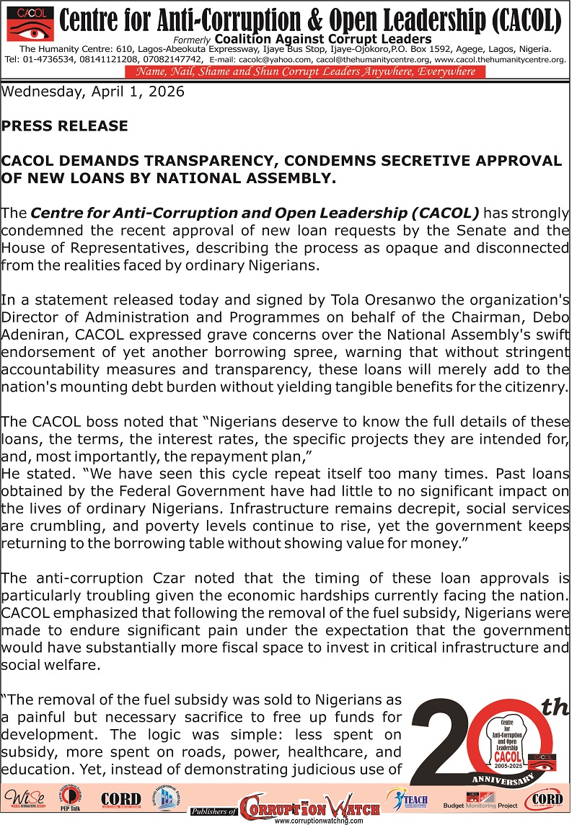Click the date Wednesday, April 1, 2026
[x=93, y=92]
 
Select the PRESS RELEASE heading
[x=64, y=126]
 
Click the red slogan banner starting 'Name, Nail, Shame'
[x=305, y=71]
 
